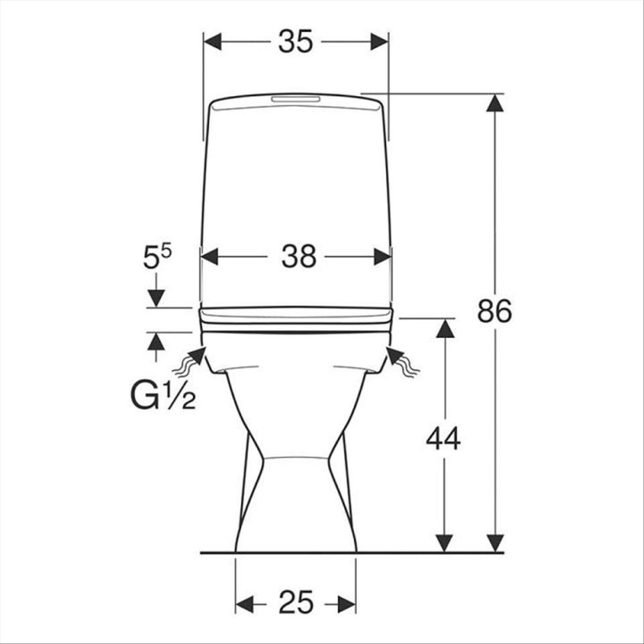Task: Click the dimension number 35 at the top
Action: [x=296, y=42]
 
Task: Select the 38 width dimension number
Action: [x=299, y=256]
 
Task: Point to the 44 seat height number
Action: [x=443, y=439]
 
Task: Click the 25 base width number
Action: [x=296, y=602]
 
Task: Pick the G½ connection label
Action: [x=163, y=396]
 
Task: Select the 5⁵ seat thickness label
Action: [x=157, y=256]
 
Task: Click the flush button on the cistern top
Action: [x=296, y=99]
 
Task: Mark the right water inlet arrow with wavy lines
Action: [x=403, y=360]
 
